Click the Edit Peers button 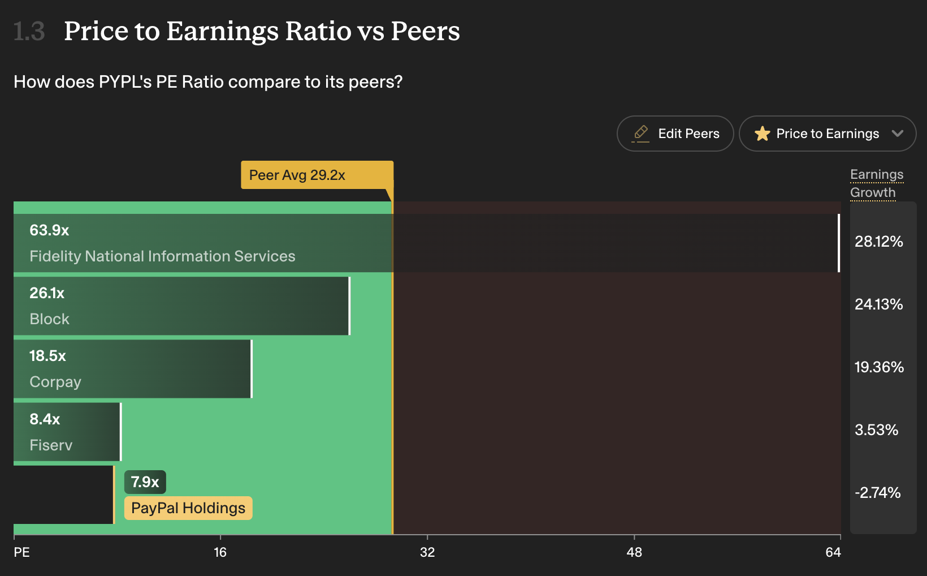pos(675,134)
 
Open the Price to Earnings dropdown pos(828,134)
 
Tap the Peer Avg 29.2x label pos(317,175)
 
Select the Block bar pos(181,306)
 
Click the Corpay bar pos(133,369)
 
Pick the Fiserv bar pos(67,432)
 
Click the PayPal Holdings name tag pos(188,508)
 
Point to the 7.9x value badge pos(145,482)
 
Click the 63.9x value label pos(49,230)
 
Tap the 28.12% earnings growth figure pos(878,241)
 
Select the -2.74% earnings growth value pos(877,492)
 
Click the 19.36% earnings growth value pos(879,367)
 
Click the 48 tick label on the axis pos(634,552)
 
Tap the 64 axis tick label pos(833,552)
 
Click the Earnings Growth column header pos(877,183)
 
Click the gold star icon pos(763,134)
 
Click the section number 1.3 pos(29,31)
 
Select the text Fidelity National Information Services pos(162,256)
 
